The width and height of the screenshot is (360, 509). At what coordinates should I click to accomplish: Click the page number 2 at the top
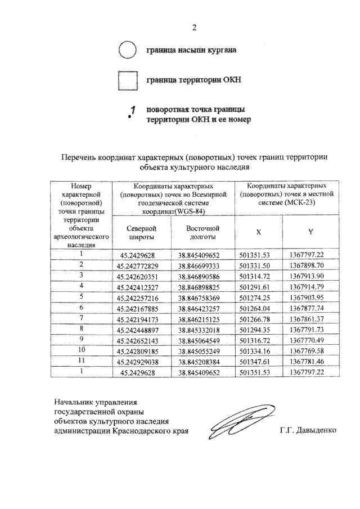[x=195, y=28]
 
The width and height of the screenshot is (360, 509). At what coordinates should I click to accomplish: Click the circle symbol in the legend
[x=128, y=50]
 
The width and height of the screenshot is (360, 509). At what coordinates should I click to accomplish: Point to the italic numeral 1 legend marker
[x=133, y=113]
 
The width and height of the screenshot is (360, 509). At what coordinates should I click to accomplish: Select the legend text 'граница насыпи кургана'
[x=191, y=50]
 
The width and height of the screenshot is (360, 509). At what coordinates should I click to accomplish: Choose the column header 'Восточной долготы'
[x=202, y=232]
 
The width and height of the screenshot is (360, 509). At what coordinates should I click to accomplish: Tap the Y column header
[x=310, y=232]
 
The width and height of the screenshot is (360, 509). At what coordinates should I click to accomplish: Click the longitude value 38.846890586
[x=202, y=276]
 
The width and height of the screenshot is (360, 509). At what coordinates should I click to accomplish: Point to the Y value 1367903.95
[x=310, y=297]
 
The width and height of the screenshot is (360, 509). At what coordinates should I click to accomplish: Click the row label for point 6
[x=81, y=307]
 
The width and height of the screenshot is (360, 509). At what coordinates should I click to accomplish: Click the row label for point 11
[x=81, y=361]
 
